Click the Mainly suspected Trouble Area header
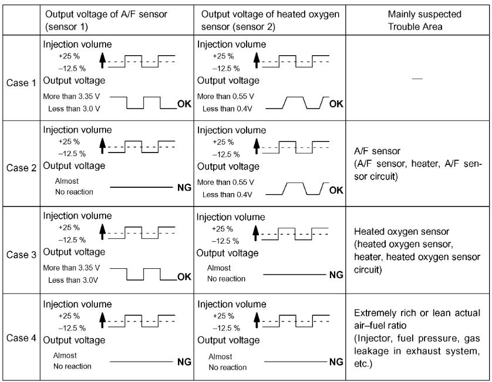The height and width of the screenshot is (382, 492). tap(417, 20)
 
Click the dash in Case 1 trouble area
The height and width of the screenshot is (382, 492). tap(417, 79)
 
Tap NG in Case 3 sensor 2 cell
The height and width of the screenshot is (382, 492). tap(336, 274)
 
